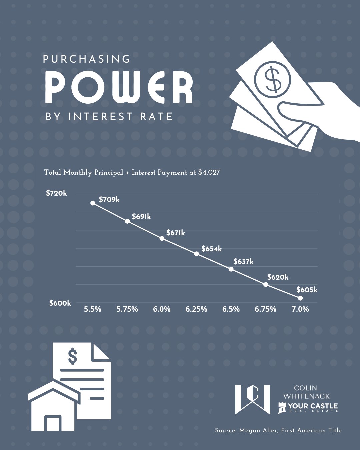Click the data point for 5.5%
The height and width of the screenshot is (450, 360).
(93, 203)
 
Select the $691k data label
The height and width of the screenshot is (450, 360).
(141, 217)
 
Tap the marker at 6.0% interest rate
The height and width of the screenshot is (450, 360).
(162, 238)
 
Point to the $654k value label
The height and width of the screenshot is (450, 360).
(211, 249)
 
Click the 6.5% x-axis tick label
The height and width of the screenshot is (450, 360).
(231, 309)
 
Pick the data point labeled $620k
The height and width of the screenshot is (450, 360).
(266, 284)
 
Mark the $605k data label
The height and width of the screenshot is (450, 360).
(307, 290)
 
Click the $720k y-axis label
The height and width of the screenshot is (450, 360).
(56, 193)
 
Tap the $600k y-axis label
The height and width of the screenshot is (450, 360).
(60, 303)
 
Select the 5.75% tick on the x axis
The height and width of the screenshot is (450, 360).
(127, 309)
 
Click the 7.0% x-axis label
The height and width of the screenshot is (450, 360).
(300, 309)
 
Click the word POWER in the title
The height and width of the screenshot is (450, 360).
(119, 87)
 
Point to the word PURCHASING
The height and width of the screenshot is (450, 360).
(87, 59)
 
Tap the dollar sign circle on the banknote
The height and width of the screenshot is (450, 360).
(273, 79)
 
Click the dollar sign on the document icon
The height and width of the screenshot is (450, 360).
(72, 356)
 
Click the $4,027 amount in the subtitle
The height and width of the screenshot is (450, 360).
(209, 173)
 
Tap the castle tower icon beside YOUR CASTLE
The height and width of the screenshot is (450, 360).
(282, 408)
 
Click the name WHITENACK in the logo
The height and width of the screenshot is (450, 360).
(306, 396)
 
